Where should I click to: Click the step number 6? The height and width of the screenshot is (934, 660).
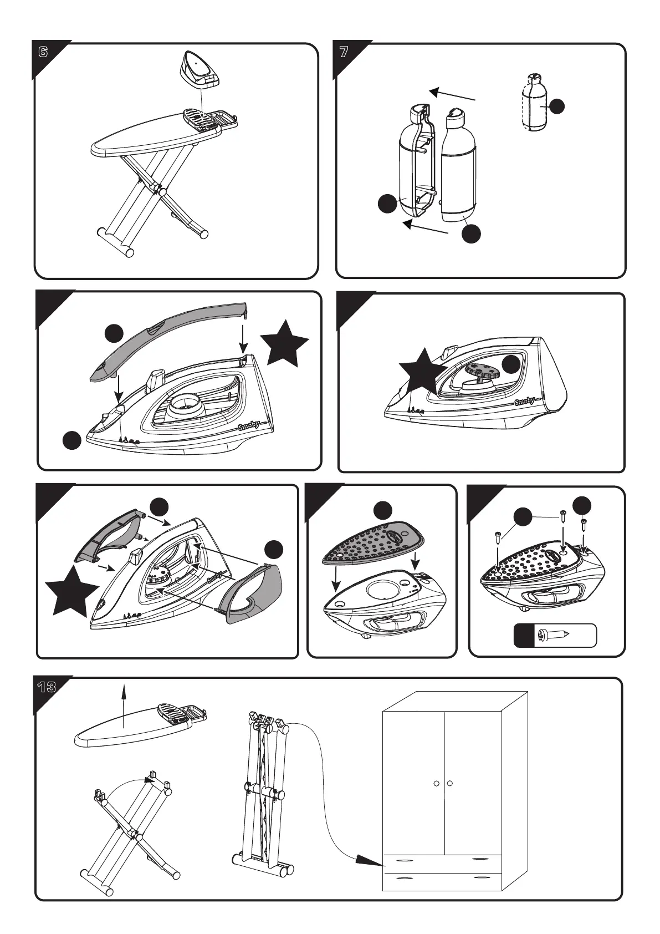click(43, 53)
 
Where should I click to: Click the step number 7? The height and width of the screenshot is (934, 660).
click(344, 53)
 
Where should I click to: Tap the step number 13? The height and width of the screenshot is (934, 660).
click(47, 688)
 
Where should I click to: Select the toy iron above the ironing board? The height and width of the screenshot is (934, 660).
click(201, 69)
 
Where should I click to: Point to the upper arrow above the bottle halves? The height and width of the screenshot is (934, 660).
click(452, 94)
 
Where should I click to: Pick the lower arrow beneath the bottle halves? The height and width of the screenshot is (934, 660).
click(424, 227)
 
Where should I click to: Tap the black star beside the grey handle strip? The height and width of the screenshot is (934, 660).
click(284, 344)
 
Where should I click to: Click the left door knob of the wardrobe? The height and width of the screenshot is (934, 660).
click(437, 783)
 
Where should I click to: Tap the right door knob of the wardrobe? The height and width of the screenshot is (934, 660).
click(450, 783)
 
